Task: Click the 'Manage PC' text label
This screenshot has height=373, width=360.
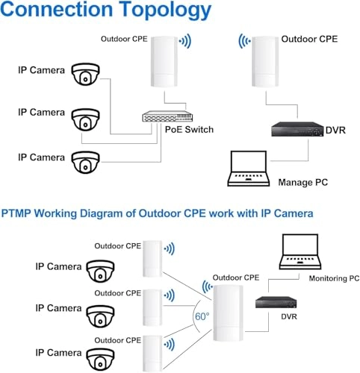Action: (x=302, y=182)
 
